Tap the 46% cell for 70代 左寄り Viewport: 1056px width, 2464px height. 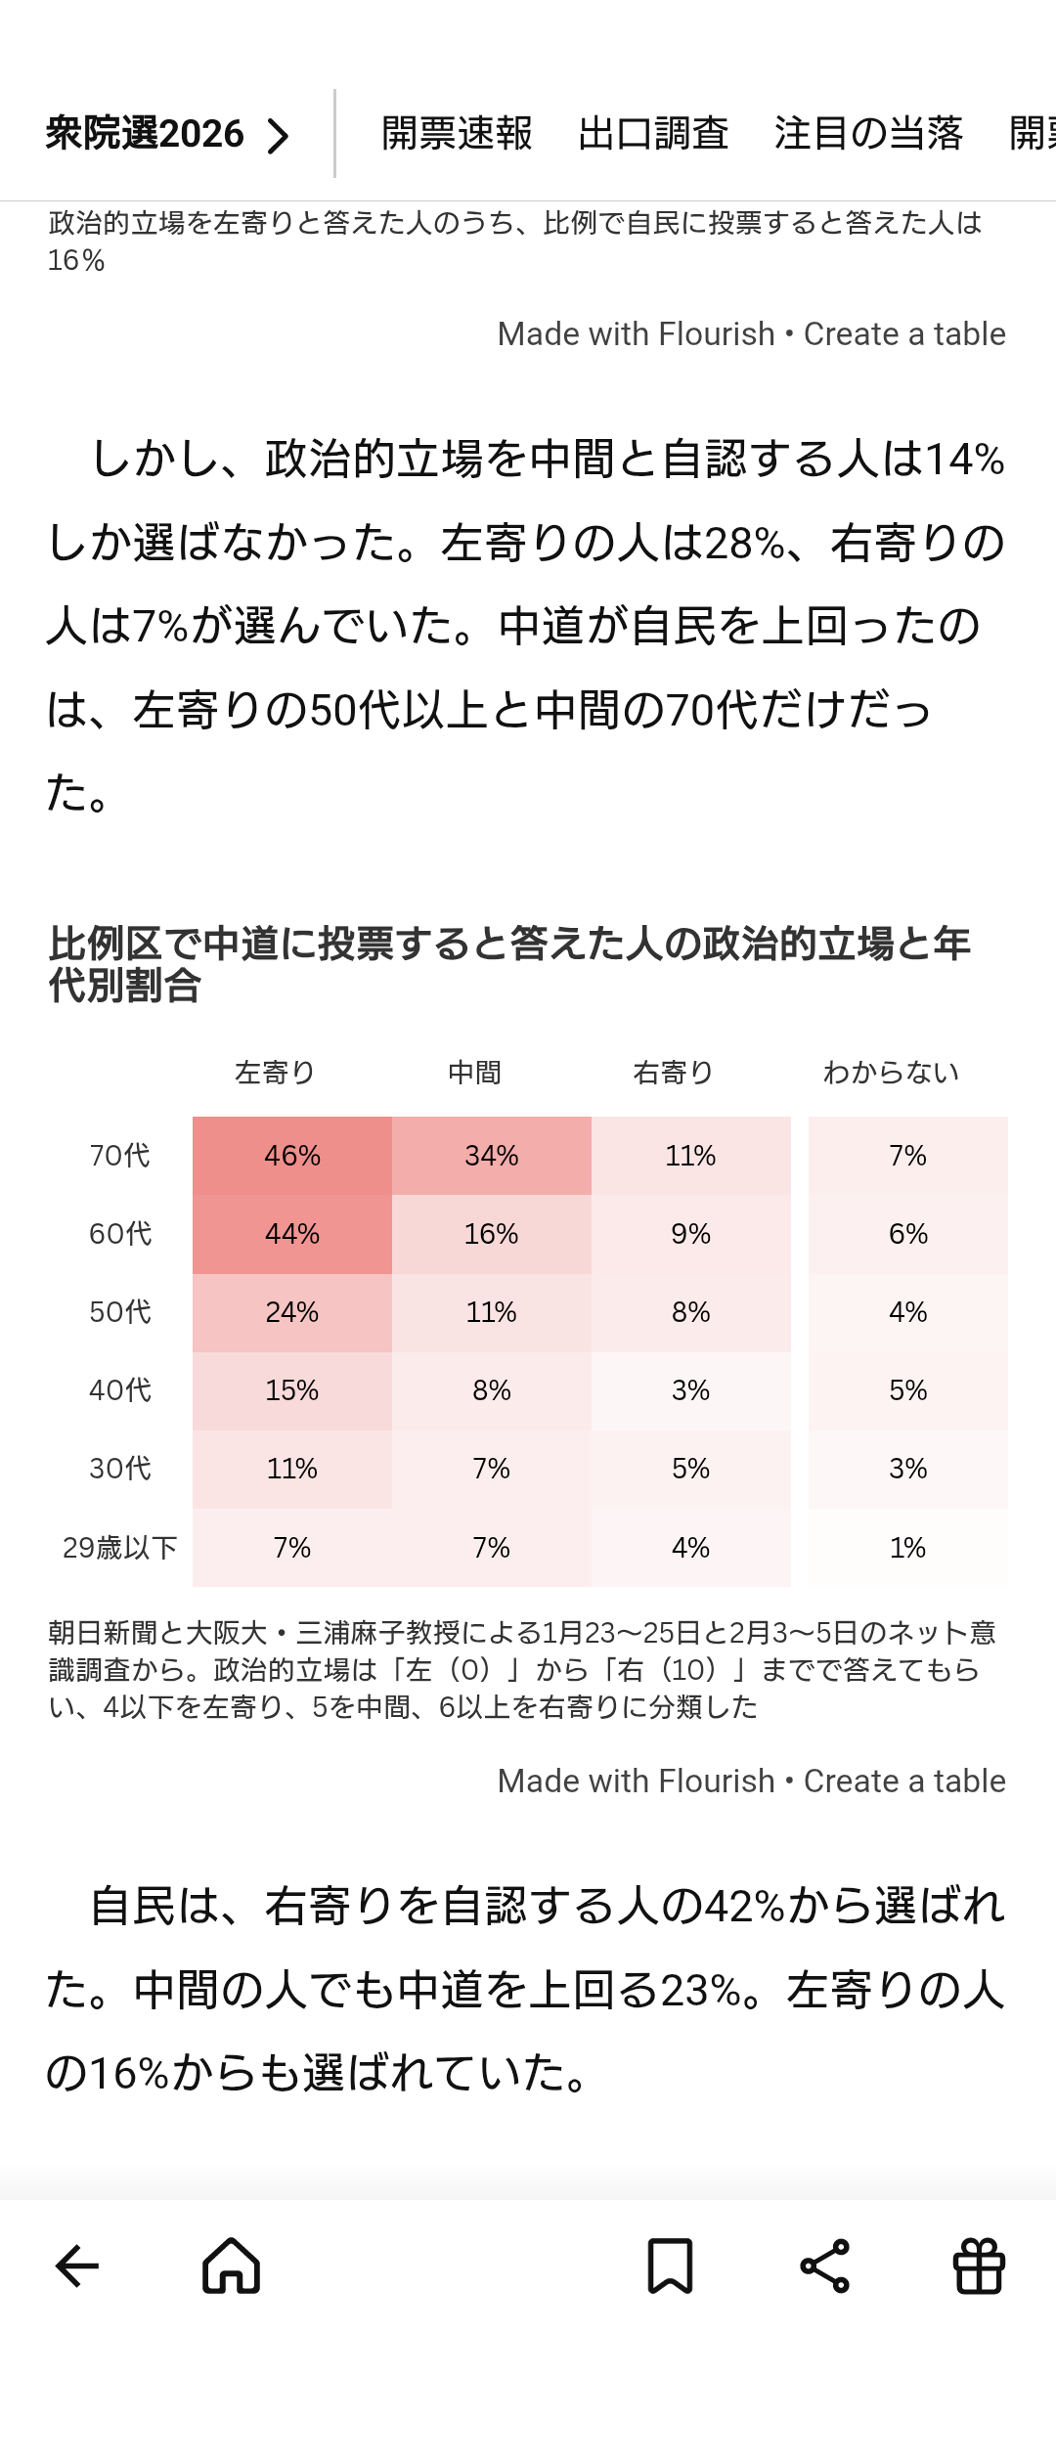(292, 1156)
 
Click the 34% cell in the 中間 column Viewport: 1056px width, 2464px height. (492, 1156)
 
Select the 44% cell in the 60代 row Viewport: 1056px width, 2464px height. (292, 1234)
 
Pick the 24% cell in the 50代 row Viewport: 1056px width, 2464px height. (292, 1312)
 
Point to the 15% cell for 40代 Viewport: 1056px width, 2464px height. (292, 1390)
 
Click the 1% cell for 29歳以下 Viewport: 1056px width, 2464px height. (907, 1548)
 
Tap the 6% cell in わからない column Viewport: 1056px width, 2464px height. (907, 1234)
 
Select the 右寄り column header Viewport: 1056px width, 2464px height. (673, 1073)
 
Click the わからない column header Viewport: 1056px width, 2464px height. (891, 1073)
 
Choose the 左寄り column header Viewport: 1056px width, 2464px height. (275, 1073)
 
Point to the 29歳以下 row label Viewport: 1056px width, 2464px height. (119, 1548)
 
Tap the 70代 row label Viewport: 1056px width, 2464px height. (119, 1156)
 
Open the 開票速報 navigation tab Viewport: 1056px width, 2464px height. (457, 134)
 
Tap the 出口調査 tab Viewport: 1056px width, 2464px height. (653, 134)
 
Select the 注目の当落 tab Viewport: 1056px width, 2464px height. (868, 134)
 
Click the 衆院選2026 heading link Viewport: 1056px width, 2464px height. (167, 134)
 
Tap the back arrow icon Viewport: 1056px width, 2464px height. (77, 2266)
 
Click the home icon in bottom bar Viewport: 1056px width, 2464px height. (232, 2266)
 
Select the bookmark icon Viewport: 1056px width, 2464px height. (670, 2266)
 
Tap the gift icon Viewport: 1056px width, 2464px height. (979, 2266)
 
